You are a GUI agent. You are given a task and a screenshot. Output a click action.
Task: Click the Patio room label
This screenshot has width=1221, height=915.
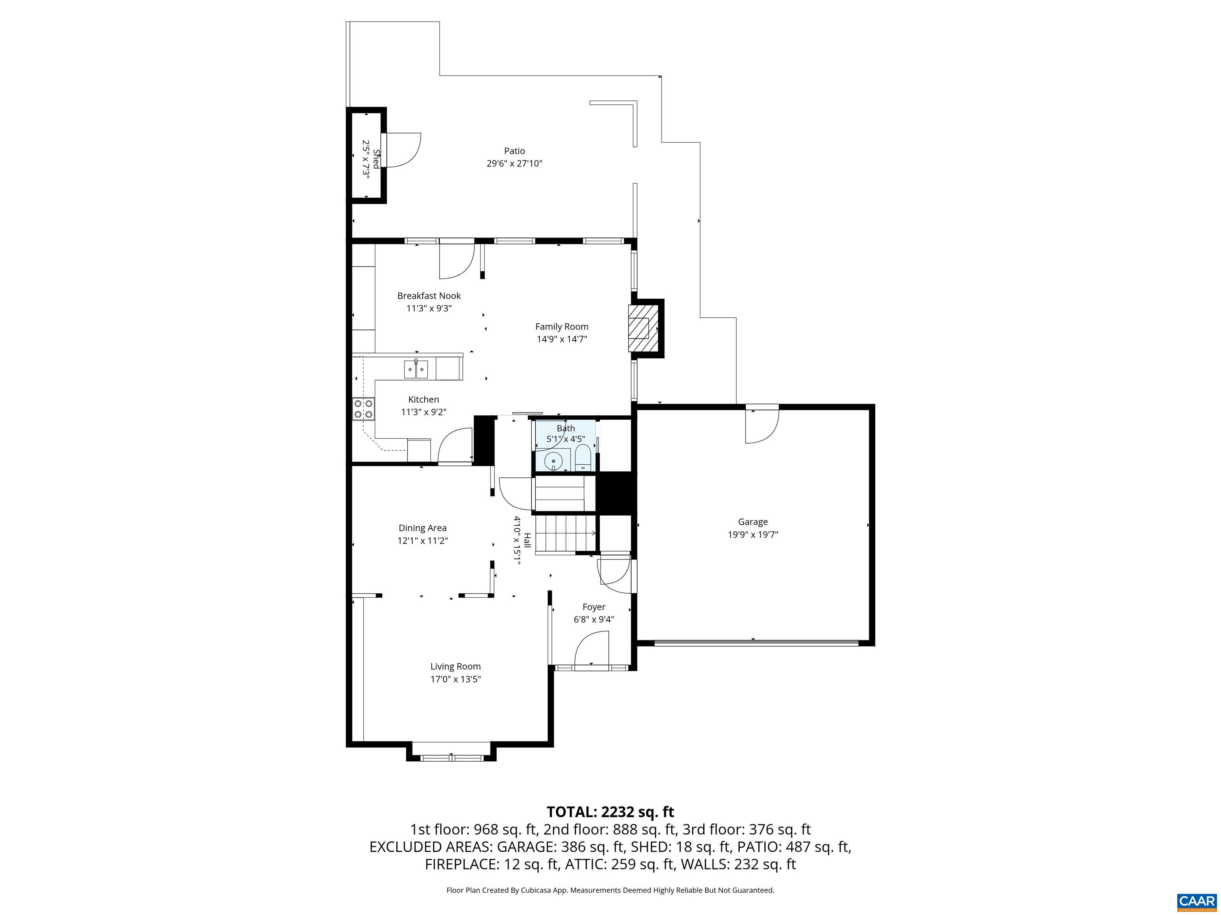514,151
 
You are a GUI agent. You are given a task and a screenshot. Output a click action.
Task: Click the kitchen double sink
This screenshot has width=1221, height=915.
416,369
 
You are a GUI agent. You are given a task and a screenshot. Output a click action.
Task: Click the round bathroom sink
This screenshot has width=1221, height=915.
553,460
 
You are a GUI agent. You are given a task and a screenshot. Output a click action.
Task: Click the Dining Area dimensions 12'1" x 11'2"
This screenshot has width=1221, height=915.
422,541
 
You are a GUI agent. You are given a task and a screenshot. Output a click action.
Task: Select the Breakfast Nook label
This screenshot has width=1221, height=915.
429,295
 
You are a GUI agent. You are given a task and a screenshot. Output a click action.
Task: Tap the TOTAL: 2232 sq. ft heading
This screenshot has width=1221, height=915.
610,812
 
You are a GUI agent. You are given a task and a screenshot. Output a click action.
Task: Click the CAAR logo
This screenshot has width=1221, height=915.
1196,901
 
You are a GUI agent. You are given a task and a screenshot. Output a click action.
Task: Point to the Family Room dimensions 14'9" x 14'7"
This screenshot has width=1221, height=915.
561,339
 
